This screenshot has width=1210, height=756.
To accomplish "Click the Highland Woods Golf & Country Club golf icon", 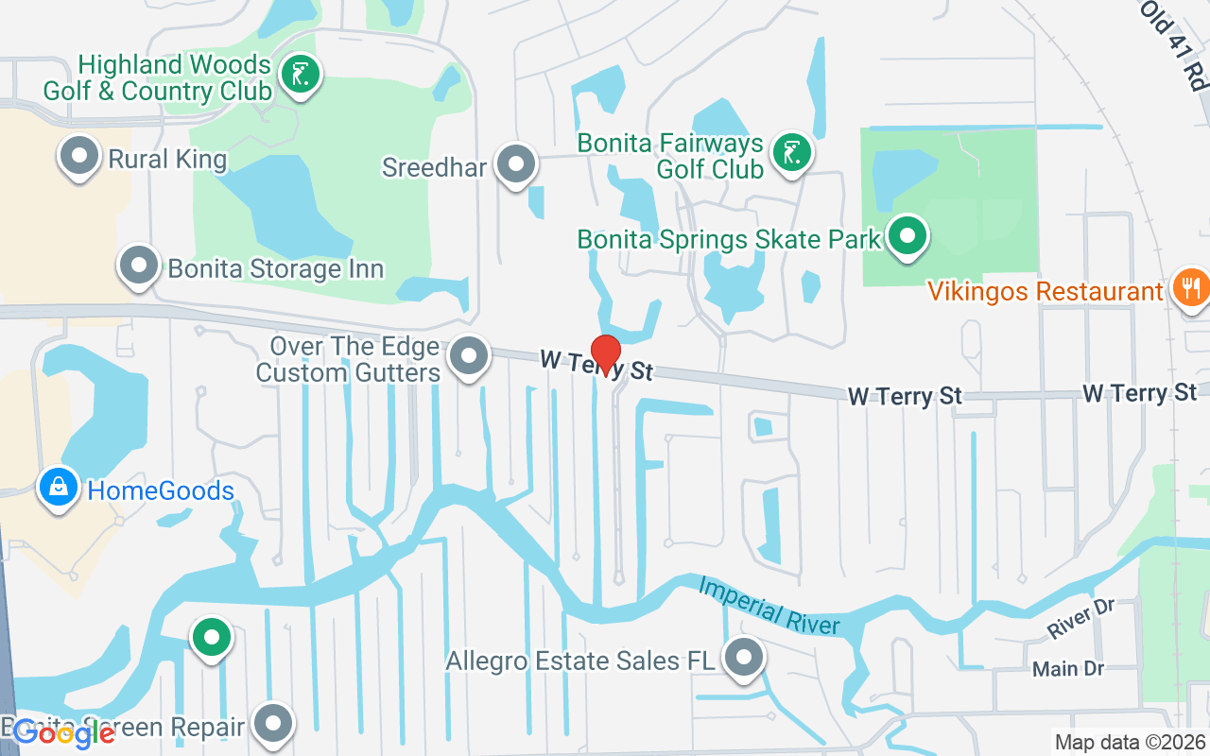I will click(x=302, y=74).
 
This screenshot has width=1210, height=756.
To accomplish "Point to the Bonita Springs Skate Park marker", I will click(x=908, y=235).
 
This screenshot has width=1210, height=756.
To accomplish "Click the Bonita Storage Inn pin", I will click(x=139, y=266).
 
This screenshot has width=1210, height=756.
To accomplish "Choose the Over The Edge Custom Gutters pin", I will click(x=469, y=356).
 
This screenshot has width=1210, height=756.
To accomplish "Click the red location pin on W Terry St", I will click(x=605, y=354).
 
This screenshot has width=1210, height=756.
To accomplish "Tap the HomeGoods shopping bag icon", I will click(x=59, y=489).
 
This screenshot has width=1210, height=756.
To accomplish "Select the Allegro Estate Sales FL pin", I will click(x=744, y=657).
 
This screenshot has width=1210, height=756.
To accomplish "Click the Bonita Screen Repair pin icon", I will click(x=275, y=723).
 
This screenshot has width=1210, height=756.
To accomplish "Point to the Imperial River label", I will click(x=769, y=606).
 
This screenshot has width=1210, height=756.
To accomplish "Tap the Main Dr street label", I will click(x=1068, y=669).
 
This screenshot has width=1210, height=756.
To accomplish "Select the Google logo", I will click(x=64, y=733).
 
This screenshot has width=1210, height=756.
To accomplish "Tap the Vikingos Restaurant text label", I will click(x=1045, y=291).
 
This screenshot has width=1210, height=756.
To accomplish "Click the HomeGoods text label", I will click(x=161, y=491).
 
